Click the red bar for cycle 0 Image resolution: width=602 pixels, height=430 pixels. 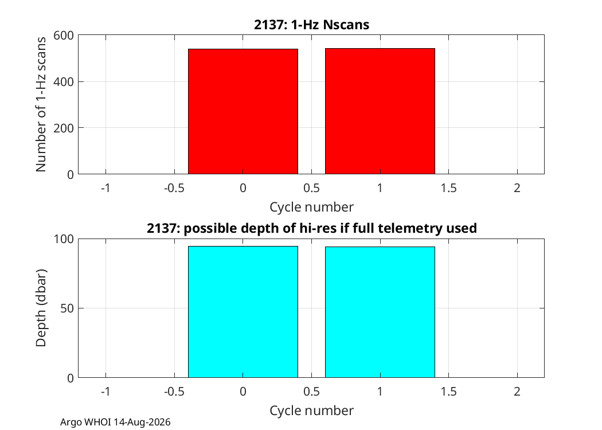coord(243,111)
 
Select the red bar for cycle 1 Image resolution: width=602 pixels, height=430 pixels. coord(380,111)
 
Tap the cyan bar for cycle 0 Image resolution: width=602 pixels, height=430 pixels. coord(243,312)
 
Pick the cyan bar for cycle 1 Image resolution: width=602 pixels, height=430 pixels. coord(380,312)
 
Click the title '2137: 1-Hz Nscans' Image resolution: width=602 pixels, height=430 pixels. coord(311,25)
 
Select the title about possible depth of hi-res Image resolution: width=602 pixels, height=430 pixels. coord(312,228)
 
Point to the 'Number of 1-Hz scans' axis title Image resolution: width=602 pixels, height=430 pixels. coord(41,104)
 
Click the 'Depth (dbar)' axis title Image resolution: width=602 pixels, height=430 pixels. coord(41,308)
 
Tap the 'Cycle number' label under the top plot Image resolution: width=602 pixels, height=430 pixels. coord(311,207)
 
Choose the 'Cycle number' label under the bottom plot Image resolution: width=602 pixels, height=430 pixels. coord(311,411)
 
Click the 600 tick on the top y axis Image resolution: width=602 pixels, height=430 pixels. coord(63,36)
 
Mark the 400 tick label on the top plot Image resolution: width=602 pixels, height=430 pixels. coord(63,82)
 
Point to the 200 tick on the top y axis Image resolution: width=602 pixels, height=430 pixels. coord(63,128)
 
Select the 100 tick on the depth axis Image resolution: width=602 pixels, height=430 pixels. coord(63,239)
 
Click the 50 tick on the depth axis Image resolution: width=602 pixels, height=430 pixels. coord(67,308)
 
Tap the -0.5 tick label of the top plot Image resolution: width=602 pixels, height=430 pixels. coord(174,188)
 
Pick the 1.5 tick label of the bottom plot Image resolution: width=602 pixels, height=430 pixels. coord(448,392)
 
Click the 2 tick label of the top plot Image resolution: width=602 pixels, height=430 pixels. coord(517,188)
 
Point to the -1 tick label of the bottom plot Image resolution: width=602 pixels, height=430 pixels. coord(105,392)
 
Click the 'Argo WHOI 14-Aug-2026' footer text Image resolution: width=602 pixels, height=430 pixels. coord(115,423)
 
